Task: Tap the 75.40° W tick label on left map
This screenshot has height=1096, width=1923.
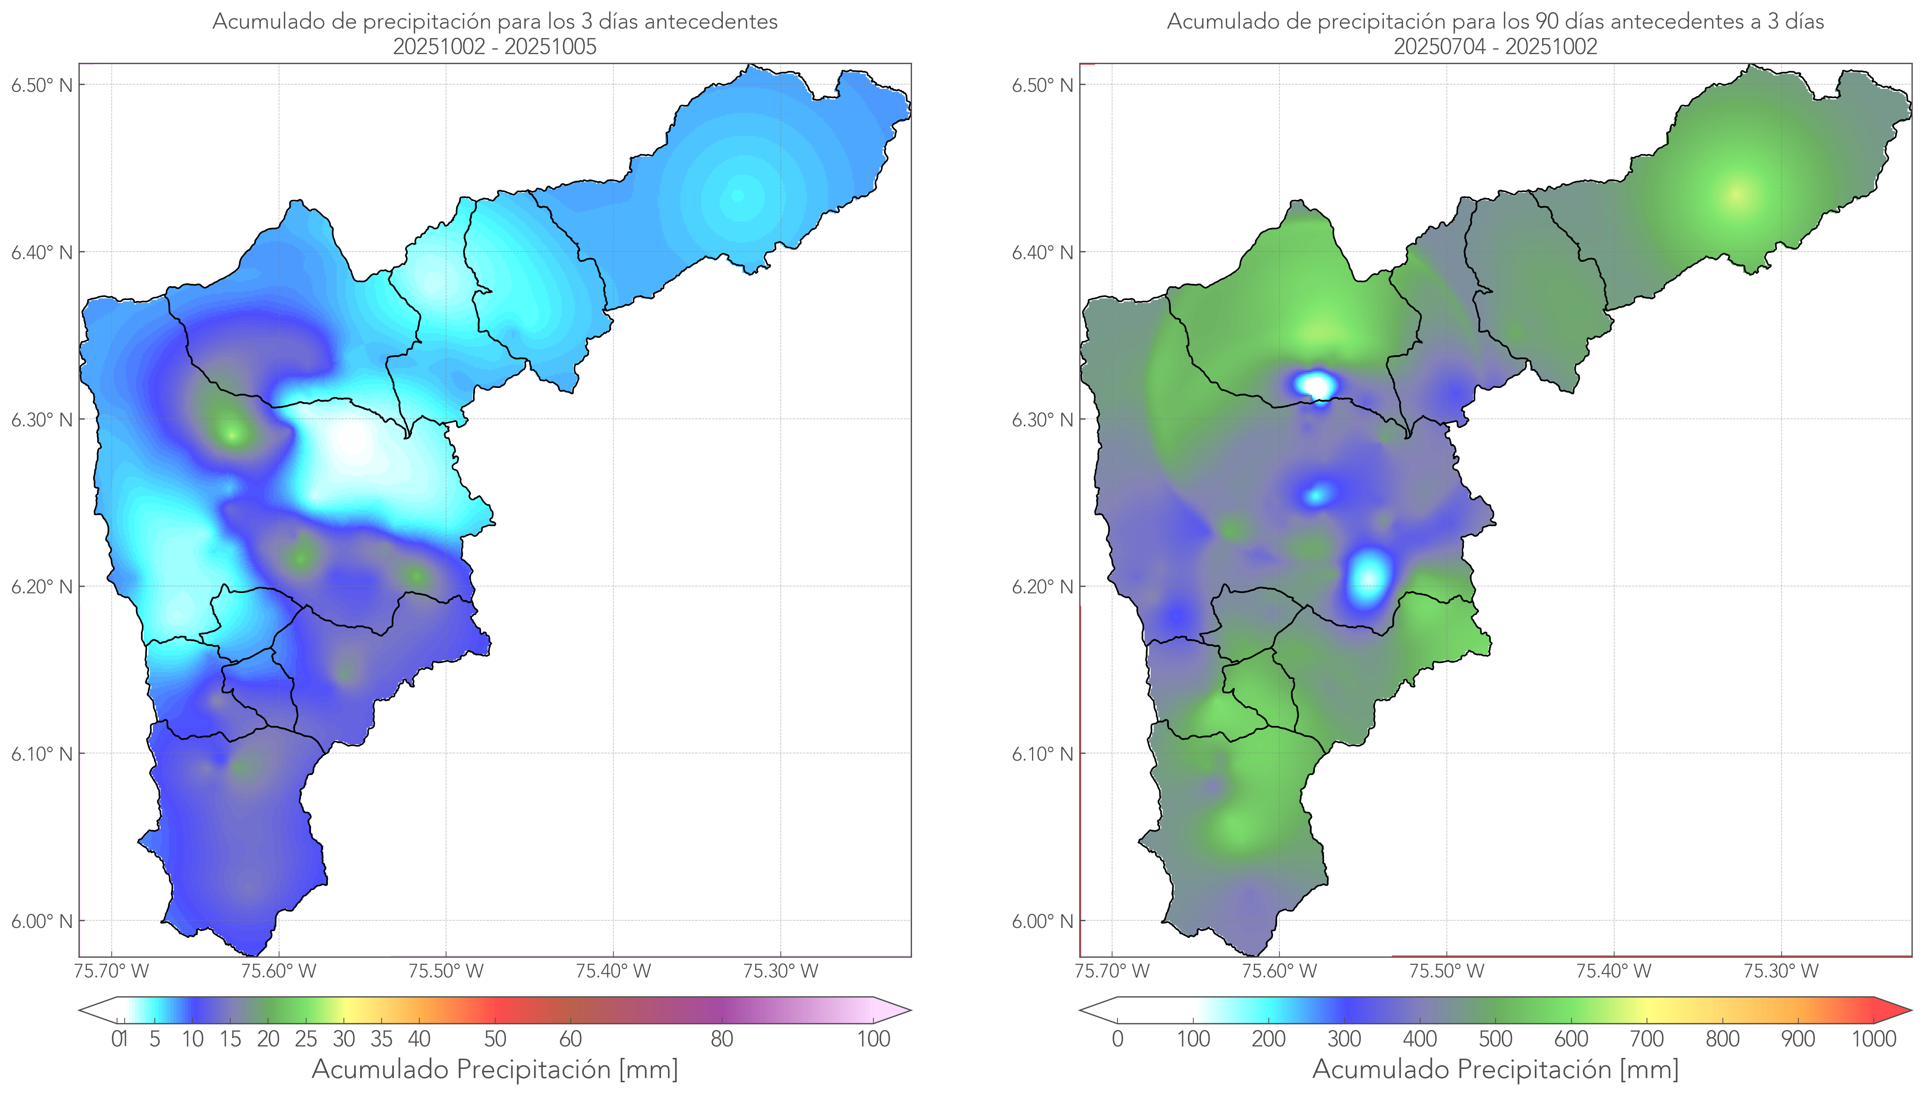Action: tap(613, 971)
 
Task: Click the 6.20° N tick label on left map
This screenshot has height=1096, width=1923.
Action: tap(42, 586)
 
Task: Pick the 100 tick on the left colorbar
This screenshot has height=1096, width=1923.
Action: tap(873, 1039)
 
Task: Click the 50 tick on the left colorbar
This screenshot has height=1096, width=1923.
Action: tap(495, 1039)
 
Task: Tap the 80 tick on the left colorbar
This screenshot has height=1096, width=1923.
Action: tap(721, 1039)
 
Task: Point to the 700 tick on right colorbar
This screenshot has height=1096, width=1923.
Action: tap(1647, 1039)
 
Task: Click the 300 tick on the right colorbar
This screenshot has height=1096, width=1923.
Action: tap(1344, 1039)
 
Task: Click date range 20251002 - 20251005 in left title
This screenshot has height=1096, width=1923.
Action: tap(495, 46)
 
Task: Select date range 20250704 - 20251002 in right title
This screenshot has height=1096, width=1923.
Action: tap(1495, 46)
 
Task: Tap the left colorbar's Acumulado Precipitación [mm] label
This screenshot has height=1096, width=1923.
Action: tap(495, 1070)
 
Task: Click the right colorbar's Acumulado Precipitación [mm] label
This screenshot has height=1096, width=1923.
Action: tap(1495, 1070)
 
